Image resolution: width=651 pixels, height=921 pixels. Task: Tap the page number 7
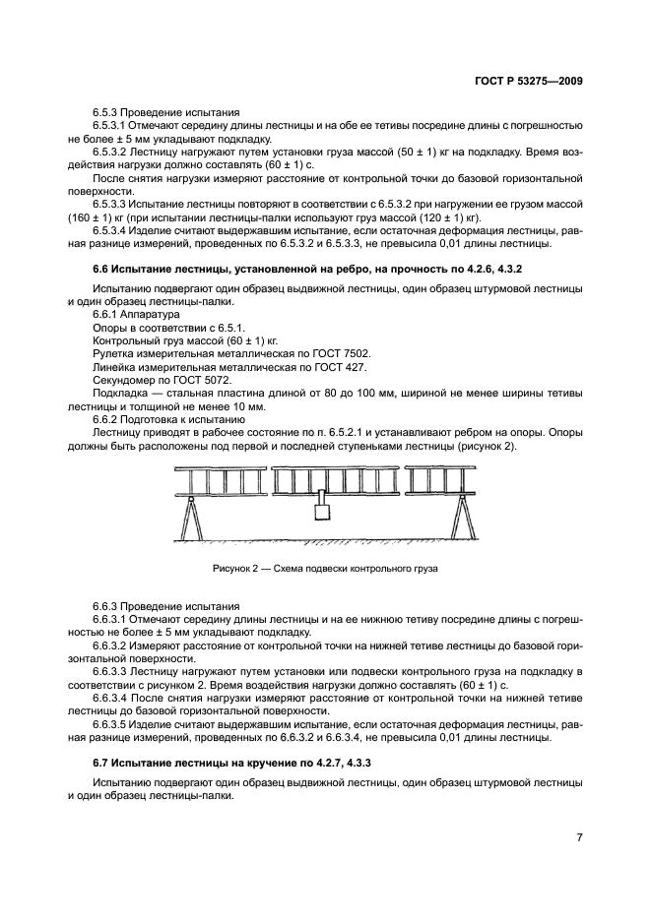click(x=580, y=837)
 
